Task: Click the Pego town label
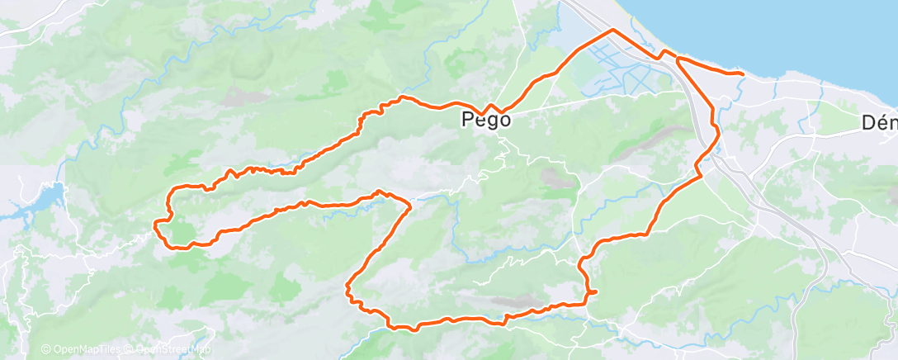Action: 485,121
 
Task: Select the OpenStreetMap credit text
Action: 173,350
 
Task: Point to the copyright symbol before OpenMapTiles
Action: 45,350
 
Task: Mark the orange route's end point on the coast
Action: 743,73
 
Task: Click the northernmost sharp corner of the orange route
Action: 612,30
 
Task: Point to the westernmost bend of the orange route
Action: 157,221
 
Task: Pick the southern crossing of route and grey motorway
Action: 702,157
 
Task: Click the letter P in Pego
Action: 467,121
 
